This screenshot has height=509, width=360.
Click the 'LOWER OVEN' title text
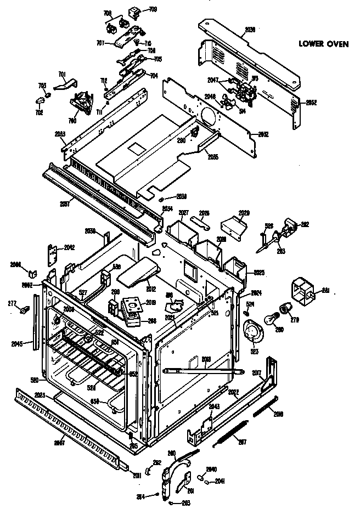(x=323, y=44)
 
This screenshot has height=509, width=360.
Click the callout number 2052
(x=311, y=103)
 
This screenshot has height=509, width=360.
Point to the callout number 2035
(x=212, y=157)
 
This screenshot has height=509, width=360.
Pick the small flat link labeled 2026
(x=201, y=220)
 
